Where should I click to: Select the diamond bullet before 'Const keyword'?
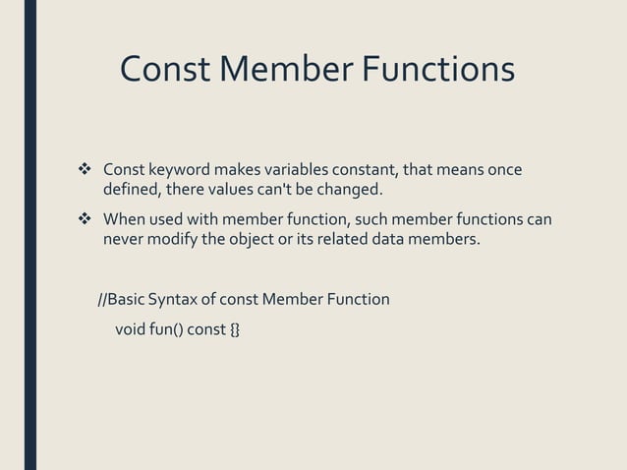pyautogui.click(x=84, y=169)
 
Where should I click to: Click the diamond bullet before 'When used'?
pyautogui.click(x=84, y=218)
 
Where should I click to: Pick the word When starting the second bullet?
pyautogui.click(x=125, y=218)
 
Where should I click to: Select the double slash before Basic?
pyautogui.click(x=102, y=299)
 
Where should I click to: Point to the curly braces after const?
pyautogui.click(x=234, y=328)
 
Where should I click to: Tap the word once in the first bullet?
pyautogui.click(x=501, y=169)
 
